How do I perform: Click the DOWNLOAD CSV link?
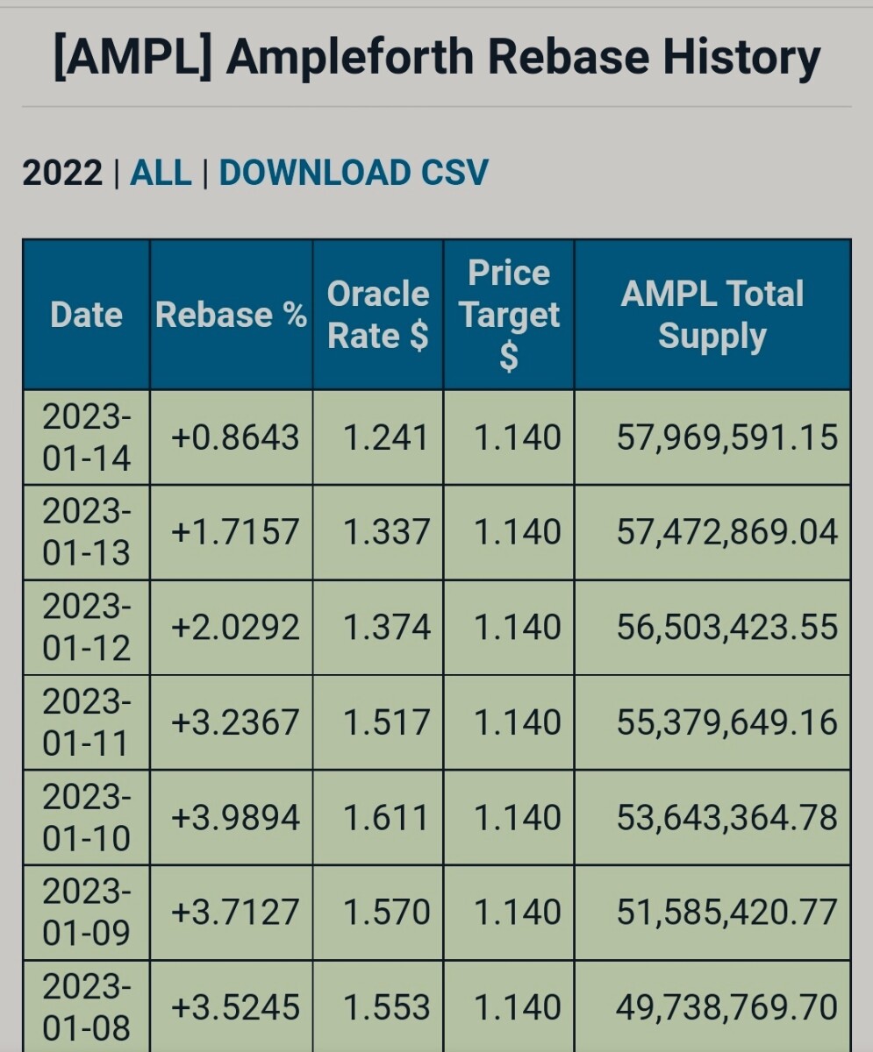(x=353, y=173)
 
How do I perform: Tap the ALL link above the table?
(x=161, y=173)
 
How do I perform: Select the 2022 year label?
(x=62, y=173)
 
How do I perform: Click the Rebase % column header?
(x=231, y=315)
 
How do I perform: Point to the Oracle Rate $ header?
(x=377, y=315)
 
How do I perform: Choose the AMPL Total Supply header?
(x=712, y=315)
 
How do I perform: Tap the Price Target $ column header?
(x=509, y=315)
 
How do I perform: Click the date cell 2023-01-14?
(x=86, y=437)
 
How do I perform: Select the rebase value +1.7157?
(x=234, y=532)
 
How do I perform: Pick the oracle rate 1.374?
(x=386, y=628)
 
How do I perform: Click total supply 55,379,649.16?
(x=726, y=722)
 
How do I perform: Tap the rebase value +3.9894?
(x=234, y=818)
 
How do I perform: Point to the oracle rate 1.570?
(x=386, y=913)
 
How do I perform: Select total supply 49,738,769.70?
(x=726, y=1008)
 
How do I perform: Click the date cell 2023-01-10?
(x=86, y=818)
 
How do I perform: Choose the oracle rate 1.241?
(x=386, y=437)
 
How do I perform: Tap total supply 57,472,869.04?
(x=726, y=532)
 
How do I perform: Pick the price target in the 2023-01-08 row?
(x=517, y=1008)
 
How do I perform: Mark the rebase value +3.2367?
(x=234, y=722)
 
